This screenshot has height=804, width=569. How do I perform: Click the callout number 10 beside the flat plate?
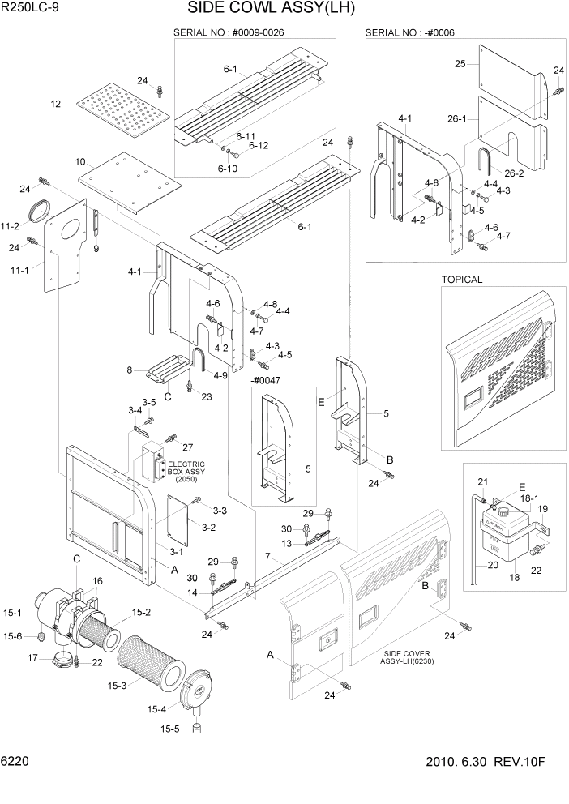80,163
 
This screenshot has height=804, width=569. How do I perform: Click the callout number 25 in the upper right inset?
459,63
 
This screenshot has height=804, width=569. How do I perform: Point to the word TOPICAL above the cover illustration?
461,280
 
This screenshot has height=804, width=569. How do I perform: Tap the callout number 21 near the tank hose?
481,483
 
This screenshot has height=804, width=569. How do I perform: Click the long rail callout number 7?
267,557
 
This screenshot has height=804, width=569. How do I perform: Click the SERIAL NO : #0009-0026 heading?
229,32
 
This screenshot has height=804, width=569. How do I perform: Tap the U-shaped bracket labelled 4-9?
198,359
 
